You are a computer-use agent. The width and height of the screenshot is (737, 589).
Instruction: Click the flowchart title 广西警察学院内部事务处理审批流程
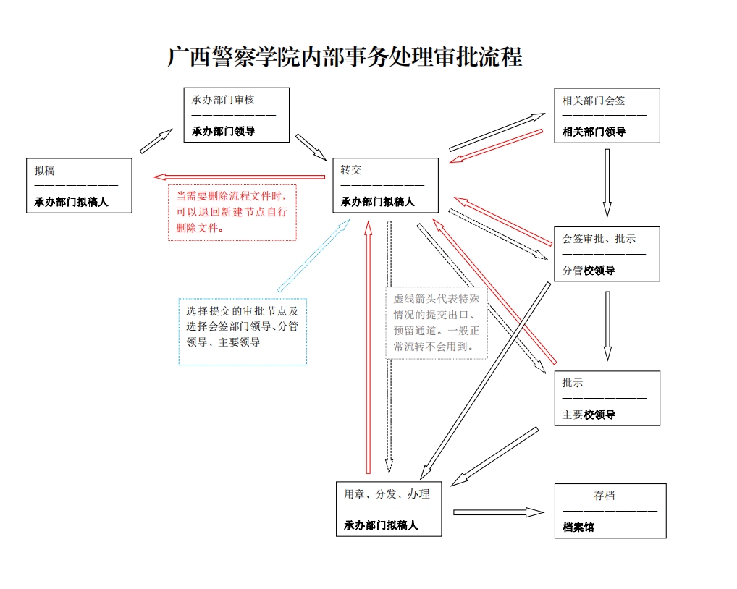coord(345,57)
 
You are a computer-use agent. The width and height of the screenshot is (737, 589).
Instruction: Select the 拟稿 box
coord(79,186)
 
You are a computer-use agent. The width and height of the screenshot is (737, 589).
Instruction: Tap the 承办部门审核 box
coord(236,115)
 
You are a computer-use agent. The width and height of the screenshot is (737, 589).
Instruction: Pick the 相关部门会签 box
coord(607,116)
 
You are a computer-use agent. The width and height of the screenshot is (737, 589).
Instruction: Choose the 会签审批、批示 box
coord(607,254)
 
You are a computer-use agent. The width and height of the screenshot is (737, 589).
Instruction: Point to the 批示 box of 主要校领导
coord(607,398)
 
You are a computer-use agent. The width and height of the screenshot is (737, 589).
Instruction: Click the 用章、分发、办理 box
coord(389,509)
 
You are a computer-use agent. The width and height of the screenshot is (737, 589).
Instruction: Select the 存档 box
coord(610,511)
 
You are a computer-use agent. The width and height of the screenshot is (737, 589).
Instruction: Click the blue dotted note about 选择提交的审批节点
coord(243,331)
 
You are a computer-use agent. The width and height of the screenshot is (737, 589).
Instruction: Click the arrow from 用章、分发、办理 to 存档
coord(498,512)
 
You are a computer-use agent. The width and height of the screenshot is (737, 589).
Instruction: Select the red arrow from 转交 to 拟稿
coord(239,177)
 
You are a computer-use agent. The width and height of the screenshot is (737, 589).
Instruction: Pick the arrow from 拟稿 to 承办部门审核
coord(156,141)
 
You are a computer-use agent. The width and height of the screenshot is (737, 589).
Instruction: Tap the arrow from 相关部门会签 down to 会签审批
coord(607,182)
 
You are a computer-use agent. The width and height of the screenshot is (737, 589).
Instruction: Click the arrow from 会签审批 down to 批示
coord(607,326)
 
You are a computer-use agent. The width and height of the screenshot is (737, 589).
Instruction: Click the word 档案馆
coord(578,527)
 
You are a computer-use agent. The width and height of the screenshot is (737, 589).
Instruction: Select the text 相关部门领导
coord(594,132)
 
